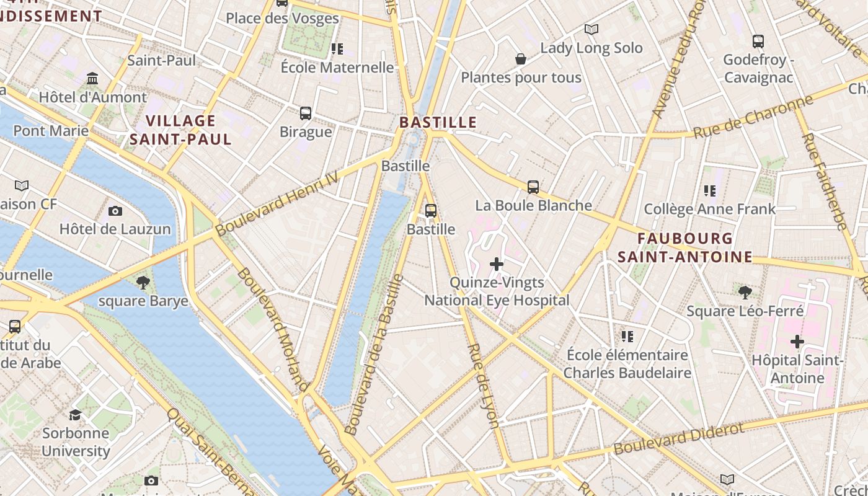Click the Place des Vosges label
282,18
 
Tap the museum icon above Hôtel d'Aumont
93,79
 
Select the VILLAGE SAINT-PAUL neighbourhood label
180,130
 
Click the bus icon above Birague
306,113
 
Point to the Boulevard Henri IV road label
277,203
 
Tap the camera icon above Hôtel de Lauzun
115,211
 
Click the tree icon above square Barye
143,283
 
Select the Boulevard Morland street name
273,329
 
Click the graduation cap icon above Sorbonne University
76,415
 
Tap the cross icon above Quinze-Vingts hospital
497,265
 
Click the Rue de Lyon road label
484,386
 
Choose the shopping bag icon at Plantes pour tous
521,60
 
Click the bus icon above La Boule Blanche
533,187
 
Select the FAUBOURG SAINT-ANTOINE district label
685,247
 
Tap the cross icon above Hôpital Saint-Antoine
797,342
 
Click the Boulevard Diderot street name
678,439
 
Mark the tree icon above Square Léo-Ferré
745,292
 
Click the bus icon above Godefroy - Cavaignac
758,42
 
